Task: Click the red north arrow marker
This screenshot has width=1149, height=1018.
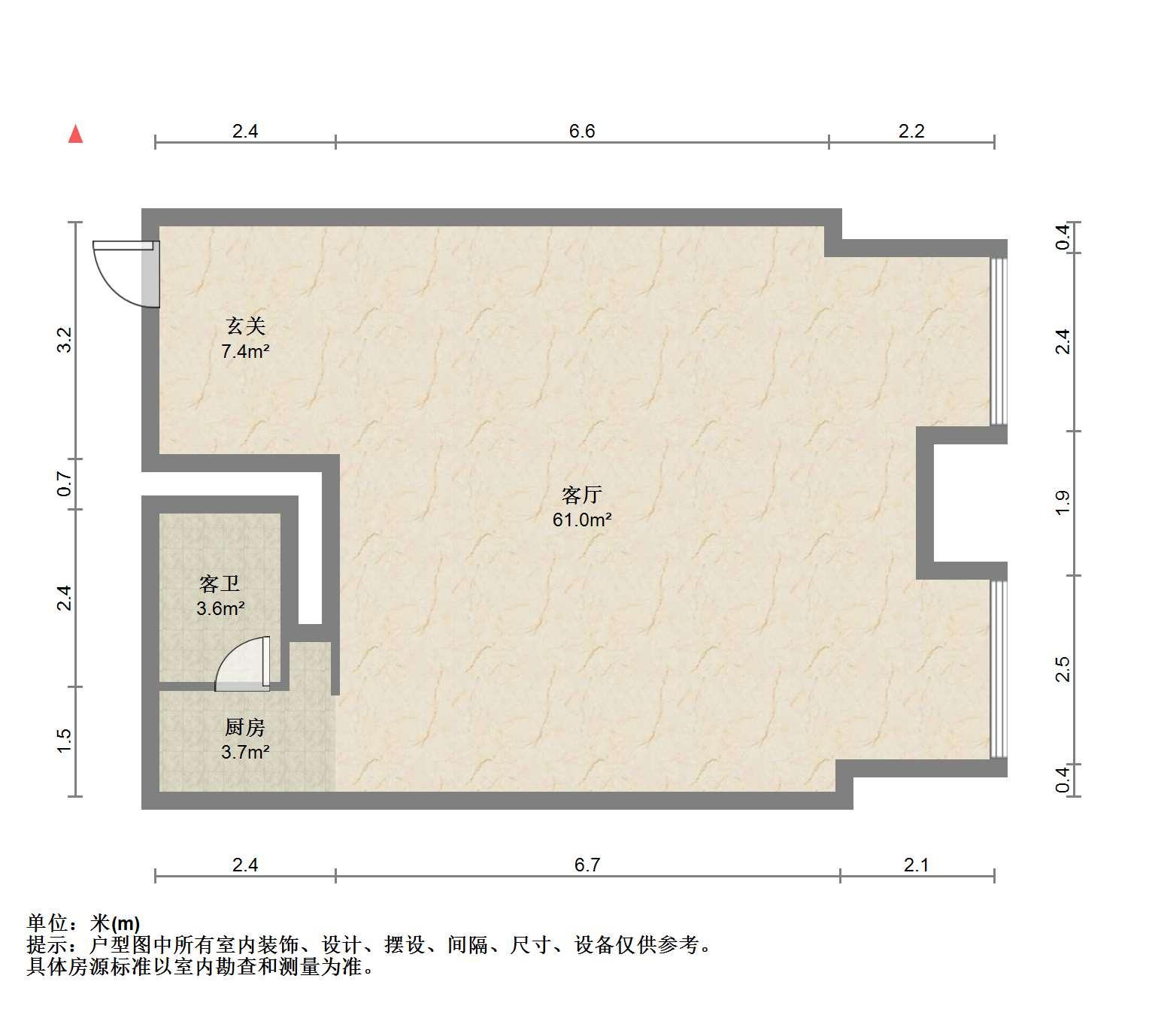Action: point(75,135)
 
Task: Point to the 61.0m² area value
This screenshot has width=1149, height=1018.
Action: point(582,520)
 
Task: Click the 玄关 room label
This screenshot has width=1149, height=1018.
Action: point(245,326)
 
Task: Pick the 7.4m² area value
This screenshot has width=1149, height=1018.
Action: point(245,352)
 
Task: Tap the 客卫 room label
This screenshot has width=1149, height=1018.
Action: point(220,583)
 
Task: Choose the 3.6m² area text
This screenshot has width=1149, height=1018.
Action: point(220,608)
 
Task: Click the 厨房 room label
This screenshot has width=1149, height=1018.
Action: point(245,727)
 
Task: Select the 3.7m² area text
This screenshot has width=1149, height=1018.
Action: point(245,752)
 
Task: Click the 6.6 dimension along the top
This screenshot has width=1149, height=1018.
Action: point(582,131)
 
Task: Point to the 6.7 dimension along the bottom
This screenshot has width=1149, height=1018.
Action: point(587,865)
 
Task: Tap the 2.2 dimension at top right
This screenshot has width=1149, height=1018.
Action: point(911,131)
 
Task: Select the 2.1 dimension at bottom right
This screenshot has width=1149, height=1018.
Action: point(917,865)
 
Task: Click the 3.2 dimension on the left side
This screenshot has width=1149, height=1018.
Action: point(65,340)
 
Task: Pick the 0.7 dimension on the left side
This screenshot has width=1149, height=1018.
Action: point(65,483)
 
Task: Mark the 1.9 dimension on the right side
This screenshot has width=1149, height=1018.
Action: point(1063,502)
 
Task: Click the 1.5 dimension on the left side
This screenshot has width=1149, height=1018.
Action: point(65,741)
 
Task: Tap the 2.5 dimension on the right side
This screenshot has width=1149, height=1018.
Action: point(1063,669)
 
